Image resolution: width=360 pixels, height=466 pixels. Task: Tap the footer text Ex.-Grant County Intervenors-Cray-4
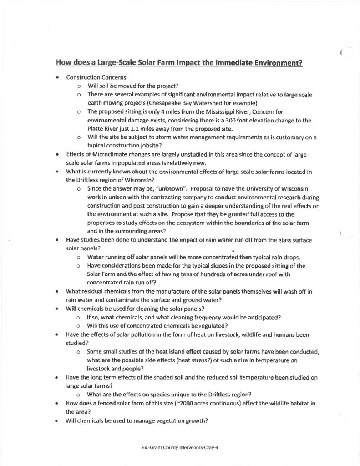coord(180,447)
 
